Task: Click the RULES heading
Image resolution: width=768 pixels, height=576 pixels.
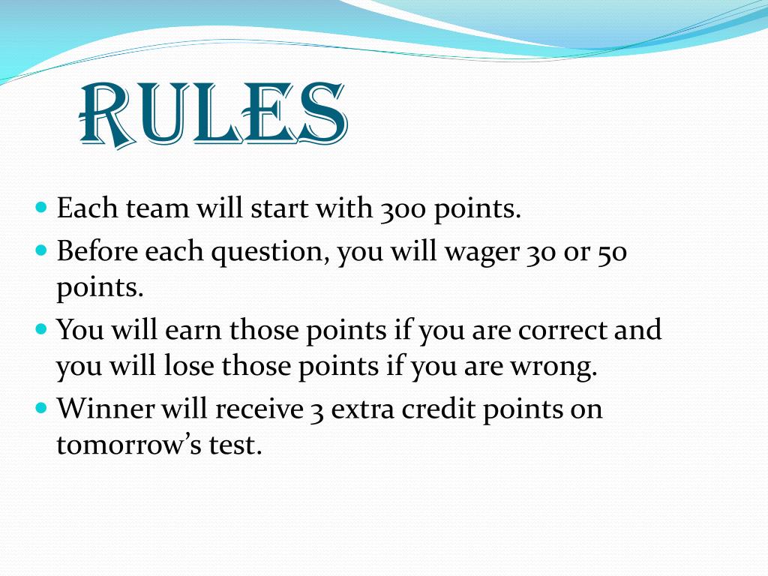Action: point(213,115)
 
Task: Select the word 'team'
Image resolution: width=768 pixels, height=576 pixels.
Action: point(157,208)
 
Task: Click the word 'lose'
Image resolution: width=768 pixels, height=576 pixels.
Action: point(188,366)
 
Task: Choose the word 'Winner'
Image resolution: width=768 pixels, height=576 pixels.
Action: point(106,408)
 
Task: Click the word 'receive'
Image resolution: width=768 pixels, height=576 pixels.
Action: point(259,409)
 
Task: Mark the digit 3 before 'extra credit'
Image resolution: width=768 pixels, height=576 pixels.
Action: point(317,412)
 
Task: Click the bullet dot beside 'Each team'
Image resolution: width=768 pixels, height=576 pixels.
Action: point(42,206)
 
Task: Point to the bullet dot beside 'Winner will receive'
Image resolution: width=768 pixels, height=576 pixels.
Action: point(42,406)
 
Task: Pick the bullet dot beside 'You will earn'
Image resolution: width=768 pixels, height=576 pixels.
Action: point(42,328)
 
